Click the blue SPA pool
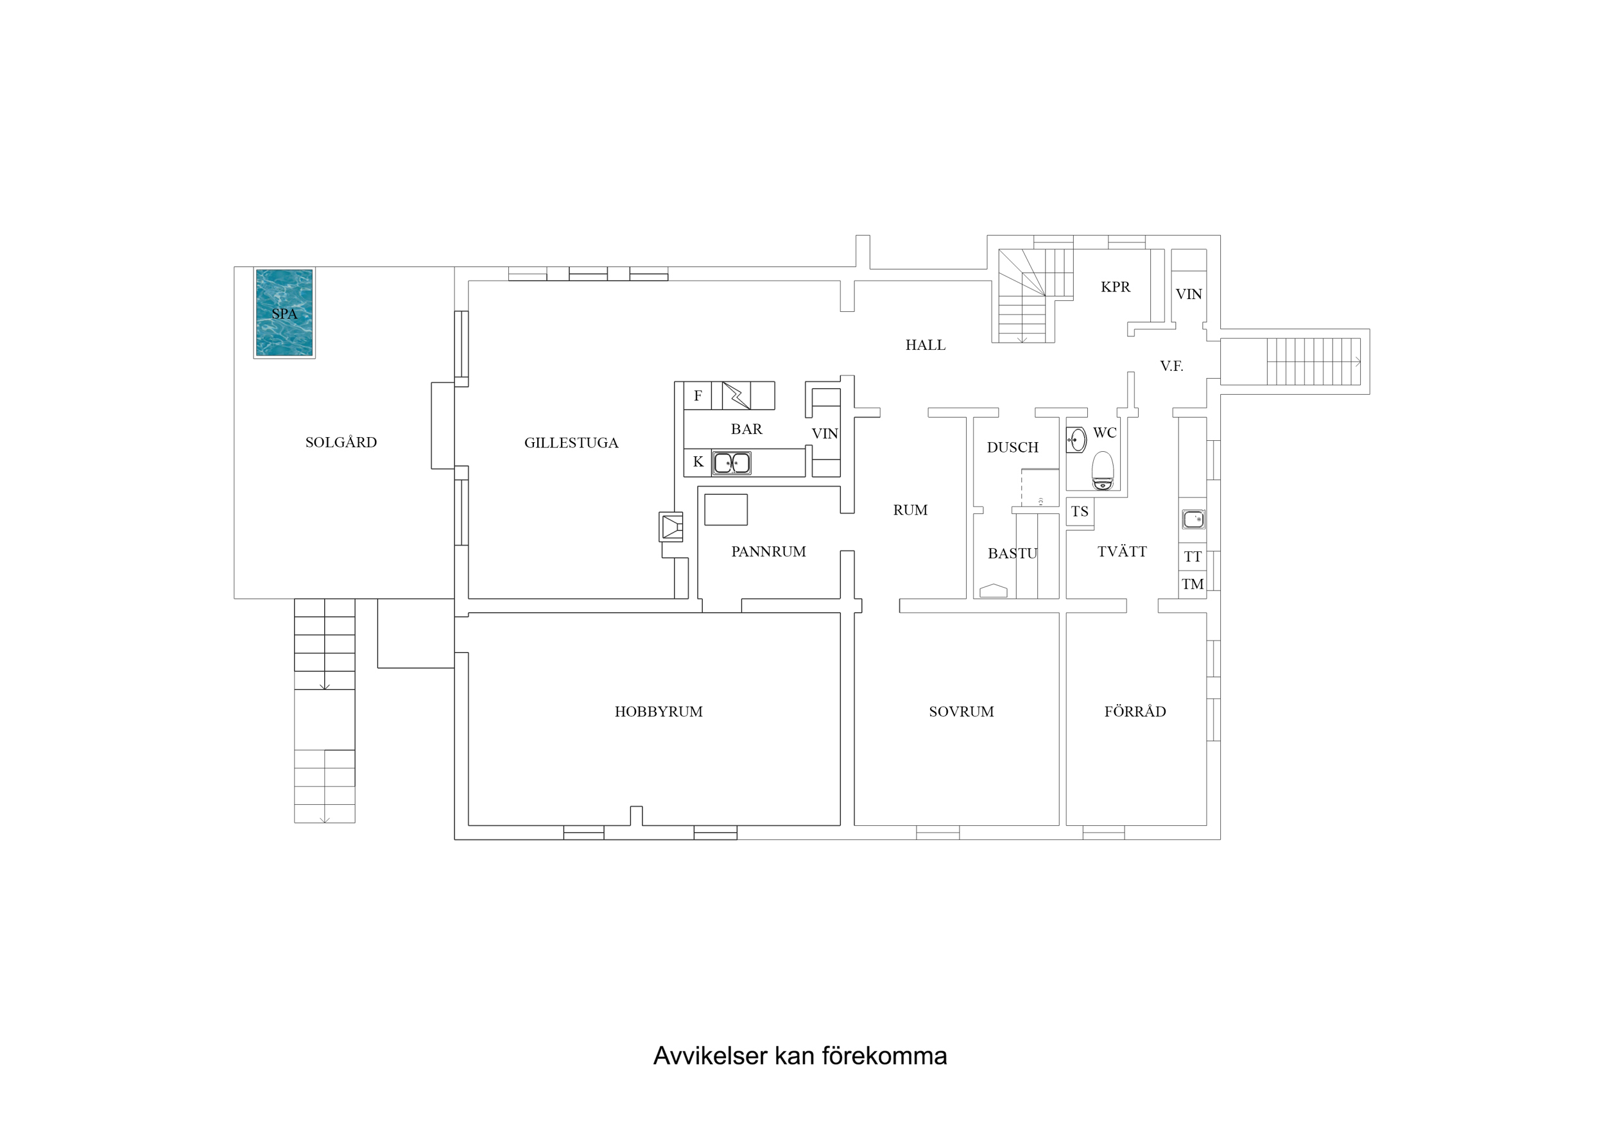click(x=284, y=313)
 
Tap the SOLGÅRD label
click(x=341, y=442)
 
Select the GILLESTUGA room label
click(x=571, y=443)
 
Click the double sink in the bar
click(x=732, y=463)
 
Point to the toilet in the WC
click(x=1103, y=471)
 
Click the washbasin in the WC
click(x=1077, y=440)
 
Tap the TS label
click(x=1080, y=511)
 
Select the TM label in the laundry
click(x=1192, y=584)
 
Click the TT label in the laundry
click(x=1192, y=557)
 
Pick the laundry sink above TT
click(x=1193, y=519)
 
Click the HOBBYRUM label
click(x=658, y=711)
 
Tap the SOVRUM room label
click(x=961, y=711)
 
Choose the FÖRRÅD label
click(x=1135, y=711)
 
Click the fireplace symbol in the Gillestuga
click(x=671, y=527)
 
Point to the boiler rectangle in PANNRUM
click(x=726, y=510)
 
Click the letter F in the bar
click(x=697, y=396)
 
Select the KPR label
click(x=1115, y=286)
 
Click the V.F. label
click(x=1171, y=365)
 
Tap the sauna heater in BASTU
click(x=994, y=591)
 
